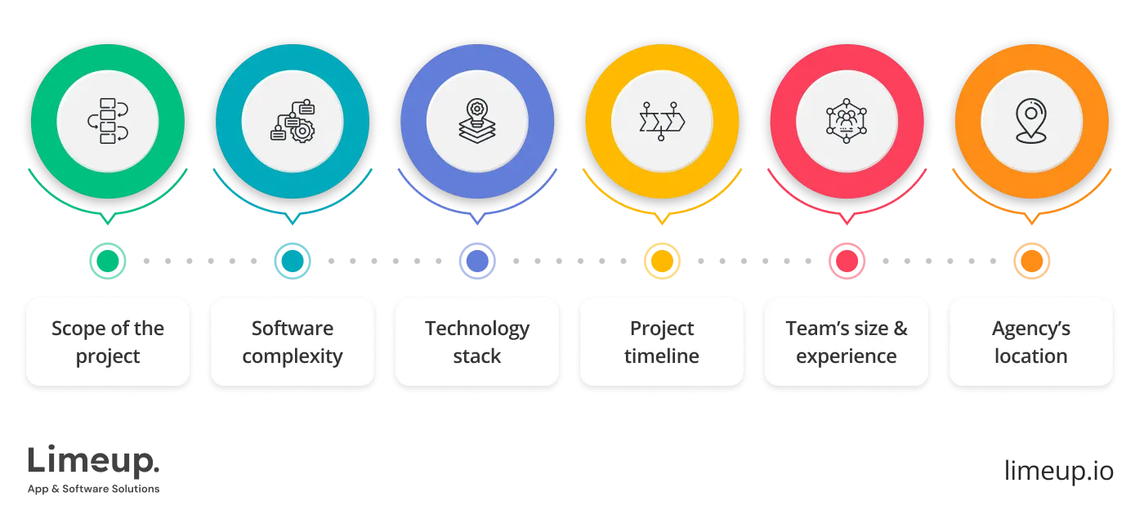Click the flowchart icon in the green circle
(108, 121)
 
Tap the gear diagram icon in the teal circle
(293, 121)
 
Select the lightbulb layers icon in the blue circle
(477, 121)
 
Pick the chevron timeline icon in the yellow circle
(661, 121)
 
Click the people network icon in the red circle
(847, 121)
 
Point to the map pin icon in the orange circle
(1031, 121)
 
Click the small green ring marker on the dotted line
(108, 261)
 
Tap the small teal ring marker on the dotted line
(293, 261)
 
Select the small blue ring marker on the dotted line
(477, 261)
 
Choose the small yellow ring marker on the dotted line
(661, 261)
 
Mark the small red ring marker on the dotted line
(847, 261)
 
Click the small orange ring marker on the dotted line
(1031, 261)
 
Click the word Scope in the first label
(78, 329)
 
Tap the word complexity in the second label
(293, 357)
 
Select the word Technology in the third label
(477, 329)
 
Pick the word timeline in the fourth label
(662, 356)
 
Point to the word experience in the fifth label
(847, 357)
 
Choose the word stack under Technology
(477, 356)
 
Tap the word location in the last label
(1031, 356)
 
